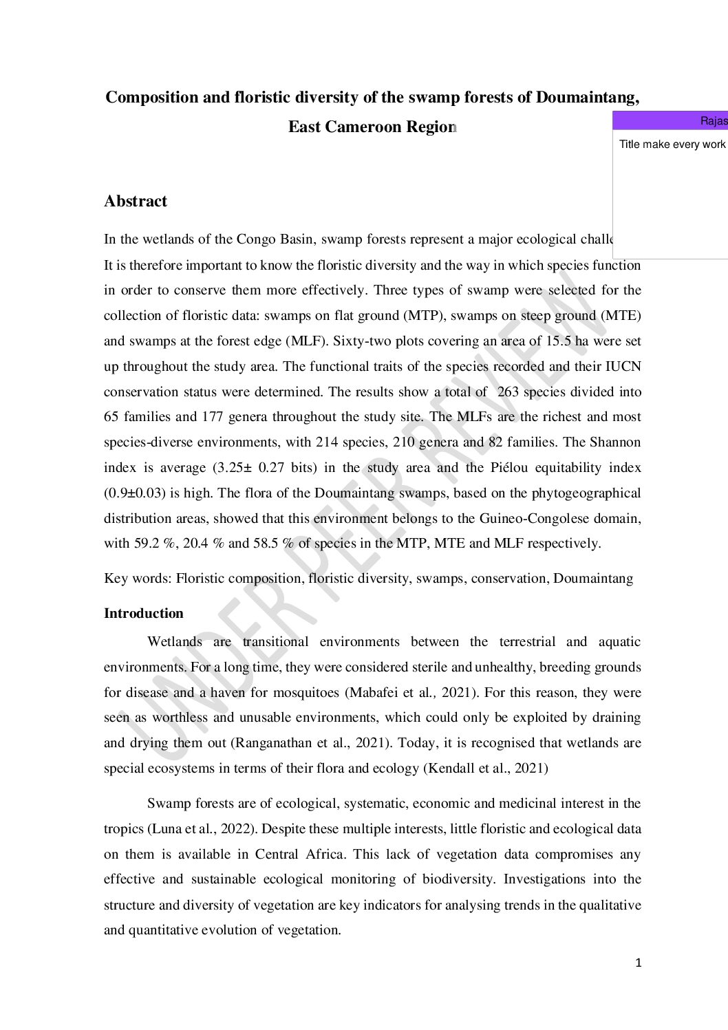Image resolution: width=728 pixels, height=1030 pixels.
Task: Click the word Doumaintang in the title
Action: (586, 97)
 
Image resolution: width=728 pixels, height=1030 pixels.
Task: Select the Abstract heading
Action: (136, 201)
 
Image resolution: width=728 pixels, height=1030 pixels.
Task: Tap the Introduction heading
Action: (144, 613)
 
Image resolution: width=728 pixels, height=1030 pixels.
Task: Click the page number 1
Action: (639, 963)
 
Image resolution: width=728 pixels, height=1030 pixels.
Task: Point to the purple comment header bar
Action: (670, 121)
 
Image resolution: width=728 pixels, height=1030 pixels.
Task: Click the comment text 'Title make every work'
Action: (672, 144)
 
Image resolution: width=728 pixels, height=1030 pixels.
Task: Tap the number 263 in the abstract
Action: (508, 392)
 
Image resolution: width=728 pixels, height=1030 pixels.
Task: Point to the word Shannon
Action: (614, 442)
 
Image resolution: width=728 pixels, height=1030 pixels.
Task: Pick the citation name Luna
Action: (166, 829)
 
